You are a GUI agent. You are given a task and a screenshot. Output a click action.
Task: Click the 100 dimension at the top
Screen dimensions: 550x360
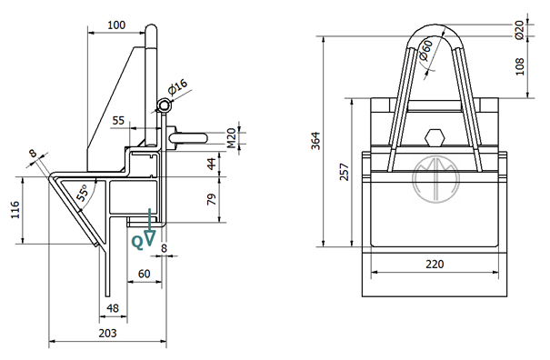coord(116,25)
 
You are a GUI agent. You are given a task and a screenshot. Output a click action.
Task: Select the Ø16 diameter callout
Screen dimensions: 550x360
coord(178,87)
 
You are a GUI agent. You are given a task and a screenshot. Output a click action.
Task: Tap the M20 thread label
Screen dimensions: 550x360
coord(231,138)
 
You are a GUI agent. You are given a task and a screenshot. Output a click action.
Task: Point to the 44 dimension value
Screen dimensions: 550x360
coord(212,164)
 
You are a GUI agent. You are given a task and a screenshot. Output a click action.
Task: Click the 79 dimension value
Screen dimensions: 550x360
coord(212,199)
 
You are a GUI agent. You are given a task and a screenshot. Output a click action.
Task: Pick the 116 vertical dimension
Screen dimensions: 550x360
coord(15,210)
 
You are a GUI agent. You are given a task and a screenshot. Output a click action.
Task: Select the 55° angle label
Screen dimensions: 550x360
coord(83,193)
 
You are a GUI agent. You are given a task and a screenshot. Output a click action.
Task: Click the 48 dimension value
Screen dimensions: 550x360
coord(113,308)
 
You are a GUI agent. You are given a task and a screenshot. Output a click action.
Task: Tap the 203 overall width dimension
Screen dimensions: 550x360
coord(107,333)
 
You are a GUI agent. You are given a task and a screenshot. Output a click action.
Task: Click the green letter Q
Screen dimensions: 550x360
coord(137,243)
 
